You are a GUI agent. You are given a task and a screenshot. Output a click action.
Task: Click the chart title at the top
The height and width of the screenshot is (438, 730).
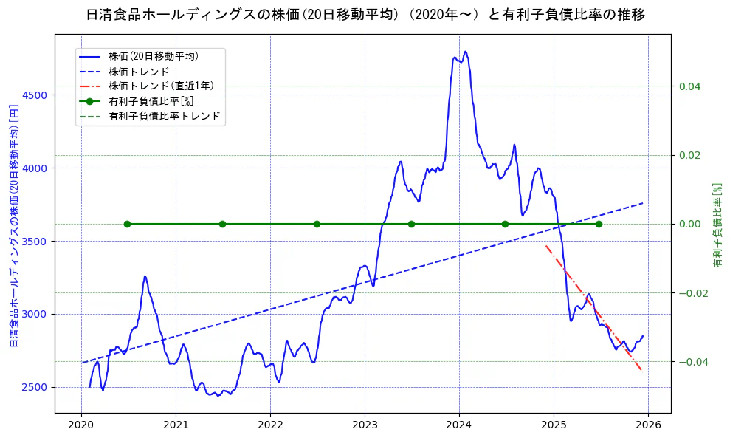click(365, 15)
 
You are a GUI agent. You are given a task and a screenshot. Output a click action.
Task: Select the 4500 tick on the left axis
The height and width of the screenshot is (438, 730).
click(35, 95)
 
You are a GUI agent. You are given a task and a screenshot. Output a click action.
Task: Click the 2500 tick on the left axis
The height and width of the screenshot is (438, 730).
click(35, 387)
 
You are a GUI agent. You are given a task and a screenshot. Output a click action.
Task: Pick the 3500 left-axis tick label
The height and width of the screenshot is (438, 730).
click(35, 242)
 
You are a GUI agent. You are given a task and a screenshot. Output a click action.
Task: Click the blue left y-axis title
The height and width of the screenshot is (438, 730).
click(13, 223)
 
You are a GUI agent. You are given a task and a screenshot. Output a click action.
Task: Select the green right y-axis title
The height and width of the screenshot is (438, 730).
click(717, 223)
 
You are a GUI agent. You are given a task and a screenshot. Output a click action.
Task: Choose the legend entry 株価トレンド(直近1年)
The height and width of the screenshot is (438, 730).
click(161, 86)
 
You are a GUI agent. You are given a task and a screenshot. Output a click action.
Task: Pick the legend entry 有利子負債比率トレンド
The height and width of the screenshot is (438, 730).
click(164, 117)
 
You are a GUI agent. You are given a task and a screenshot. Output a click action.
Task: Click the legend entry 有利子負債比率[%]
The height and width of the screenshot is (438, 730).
click(151, 101)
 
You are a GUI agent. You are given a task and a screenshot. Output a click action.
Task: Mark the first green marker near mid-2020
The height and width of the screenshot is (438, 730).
click(127, 224)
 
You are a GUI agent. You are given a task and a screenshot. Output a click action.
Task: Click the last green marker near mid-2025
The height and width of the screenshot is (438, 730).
click(599, 224)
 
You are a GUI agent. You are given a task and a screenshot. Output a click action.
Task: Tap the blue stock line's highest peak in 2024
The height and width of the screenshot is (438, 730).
click(465, 52)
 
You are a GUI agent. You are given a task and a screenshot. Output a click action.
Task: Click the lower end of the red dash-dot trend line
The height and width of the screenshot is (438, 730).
click(641, 370)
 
